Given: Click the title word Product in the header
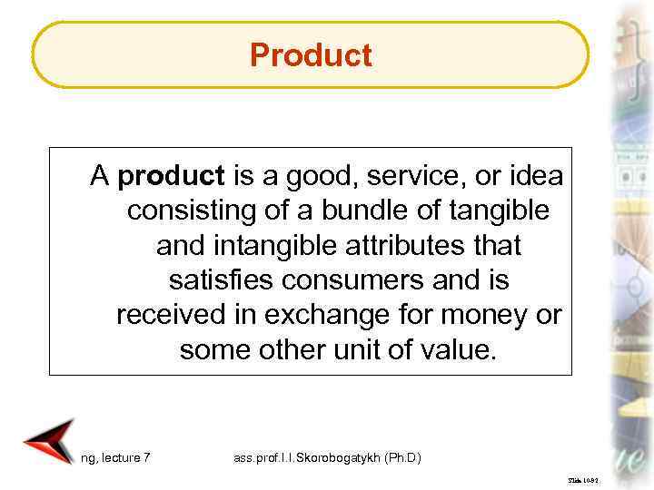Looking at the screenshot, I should [311, 55].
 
